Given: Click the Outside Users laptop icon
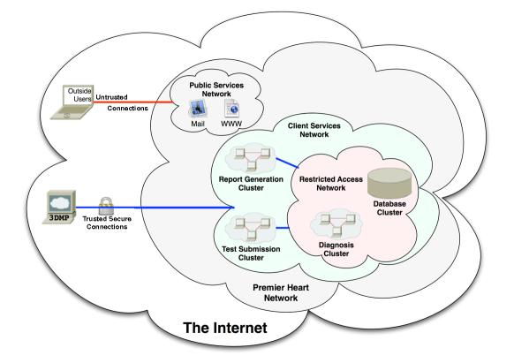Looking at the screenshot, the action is pos(72,102).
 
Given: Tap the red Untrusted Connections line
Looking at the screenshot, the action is pos(133,102).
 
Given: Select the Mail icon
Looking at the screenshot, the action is pos(198,109).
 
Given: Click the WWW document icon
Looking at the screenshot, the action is pos(231,109).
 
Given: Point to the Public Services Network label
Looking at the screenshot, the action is pos(216,89).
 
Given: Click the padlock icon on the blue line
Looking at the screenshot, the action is pos(106,206).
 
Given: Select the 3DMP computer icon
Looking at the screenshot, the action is pos(59,207).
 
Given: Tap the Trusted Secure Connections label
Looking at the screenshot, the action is pos(107,223).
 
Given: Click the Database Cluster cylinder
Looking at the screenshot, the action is pos(389,184).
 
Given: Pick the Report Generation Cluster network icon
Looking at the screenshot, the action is pos(251,158).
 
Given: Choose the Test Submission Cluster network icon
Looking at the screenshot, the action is pos(251,228).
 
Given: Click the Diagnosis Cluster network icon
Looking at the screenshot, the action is pos(336,224).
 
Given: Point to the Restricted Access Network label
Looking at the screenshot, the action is pos(331,184).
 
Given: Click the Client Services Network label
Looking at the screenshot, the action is pos(314,130).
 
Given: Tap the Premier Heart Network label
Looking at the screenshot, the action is pos(281,293).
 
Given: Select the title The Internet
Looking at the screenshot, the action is pos(225,328).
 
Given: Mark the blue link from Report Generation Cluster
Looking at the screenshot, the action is pos(287,163).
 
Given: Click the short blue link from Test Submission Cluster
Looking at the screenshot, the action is pos(283,228).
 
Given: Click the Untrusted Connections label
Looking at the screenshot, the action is pos(122,102).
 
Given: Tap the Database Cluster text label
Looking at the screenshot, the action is pos(389,208).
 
